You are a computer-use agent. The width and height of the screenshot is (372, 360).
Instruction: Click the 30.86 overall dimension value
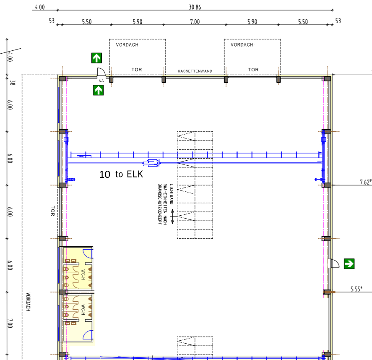point(195,7)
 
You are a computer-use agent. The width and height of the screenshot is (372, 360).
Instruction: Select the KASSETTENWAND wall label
point(195,71)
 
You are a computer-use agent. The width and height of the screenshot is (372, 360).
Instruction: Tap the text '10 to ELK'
point(121,175)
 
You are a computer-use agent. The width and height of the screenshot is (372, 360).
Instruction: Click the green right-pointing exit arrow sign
point(349,263)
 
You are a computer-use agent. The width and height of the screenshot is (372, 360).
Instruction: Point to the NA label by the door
point(101,81)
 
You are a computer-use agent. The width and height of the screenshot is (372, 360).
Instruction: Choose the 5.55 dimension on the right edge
point(356,289)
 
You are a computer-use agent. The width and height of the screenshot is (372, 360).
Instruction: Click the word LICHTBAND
point(172,194)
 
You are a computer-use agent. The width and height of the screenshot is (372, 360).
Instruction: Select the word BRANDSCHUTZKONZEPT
point(160,204)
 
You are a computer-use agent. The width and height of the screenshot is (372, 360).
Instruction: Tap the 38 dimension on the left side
point(13,83)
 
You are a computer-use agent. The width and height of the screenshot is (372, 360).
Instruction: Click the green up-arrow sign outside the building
point(96,58)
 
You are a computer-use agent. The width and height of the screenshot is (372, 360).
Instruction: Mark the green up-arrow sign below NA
point(99,90)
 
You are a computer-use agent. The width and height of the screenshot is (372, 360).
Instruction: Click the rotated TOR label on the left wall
point(53,211)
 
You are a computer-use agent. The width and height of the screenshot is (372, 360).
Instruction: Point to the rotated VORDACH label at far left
point(28,302)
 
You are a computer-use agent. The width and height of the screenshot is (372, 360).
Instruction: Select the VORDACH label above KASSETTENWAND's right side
point(242,45)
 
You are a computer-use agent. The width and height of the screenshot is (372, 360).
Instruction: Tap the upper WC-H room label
point(83,274)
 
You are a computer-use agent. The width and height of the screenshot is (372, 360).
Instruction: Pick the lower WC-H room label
point(83,310)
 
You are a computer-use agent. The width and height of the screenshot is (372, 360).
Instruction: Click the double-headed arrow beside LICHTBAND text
point(172,217)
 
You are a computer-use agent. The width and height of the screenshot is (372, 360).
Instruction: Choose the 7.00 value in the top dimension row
point(195,22)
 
